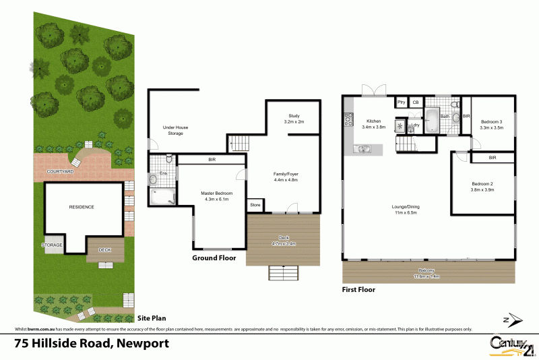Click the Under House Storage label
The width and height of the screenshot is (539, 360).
click(x=173, y=130)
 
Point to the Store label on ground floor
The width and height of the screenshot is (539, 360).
click(x=255, y=204)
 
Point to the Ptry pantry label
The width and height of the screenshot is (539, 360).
click(x=400, y=102)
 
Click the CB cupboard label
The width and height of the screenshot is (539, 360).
click(x=416, y=102)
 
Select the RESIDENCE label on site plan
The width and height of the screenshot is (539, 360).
click(x=81, y=207)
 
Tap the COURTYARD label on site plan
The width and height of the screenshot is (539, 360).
click(x=60, y=172)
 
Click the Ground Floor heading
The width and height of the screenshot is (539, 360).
click(x=214, y=258)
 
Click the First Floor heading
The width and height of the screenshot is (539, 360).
click(x=358, y=290)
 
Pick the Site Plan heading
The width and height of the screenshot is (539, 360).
click(x=152, y=318)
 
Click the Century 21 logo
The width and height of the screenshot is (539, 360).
click(x=511, y=344)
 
